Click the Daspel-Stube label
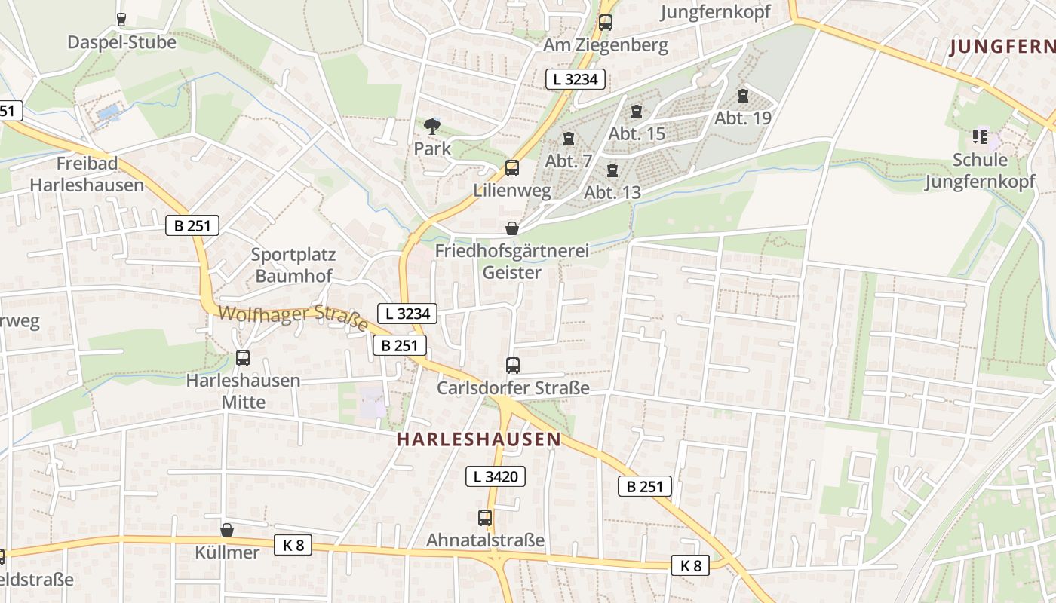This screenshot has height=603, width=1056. coord(121,42)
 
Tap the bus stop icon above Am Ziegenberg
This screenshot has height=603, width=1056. coord(605,23)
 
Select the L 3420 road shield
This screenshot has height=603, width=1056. coord(495,476)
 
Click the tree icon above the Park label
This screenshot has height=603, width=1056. coord(432,127)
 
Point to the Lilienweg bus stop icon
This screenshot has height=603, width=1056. coord(512,167)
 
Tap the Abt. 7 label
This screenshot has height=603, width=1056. coord(569,161)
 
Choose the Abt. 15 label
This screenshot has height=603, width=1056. coord(637,134)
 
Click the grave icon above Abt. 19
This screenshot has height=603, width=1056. coord(743,96)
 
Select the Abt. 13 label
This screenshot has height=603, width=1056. coord(612,192)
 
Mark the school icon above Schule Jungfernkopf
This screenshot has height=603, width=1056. coord(980,137)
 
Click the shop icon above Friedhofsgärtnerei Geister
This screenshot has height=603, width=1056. coord(512,228)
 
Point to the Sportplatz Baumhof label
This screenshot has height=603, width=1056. coord(293,265)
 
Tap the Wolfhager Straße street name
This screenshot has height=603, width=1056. coord(293,317)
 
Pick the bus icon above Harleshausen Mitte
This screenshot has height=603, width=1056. coord(243,358)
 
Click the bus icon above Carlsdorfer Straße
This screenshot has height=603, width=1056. coord(513,366)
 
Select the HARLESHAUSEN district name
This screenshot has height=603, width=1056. coord(479,439)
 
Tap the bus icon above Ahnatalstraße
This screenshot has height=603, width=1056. coord(485,518)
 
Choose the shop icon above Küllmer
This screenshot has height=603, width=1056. coord(227,530)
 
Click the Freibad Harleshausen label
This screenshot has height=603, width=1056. coord(87,174)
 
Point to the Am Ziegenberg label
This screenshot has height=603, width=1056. coord(606,45)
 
